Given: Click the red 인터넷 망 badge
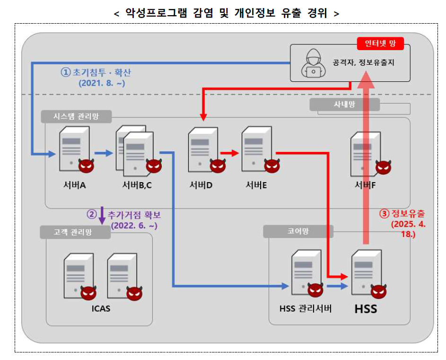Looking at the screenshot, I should click(380, 44).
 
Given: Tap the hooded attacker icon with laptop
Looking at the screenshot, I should click(312, 62).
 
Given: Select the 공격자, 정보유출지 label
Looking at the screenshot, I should click(362, 62).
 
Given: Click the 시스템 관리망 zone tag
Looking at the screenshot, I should click(76, 116).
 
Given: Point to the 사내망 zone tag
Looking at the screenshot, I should click(345, 105).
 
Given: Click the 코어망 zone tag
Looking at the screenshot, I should click(298, 231).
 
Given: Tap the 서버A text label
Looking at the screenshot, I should click(74, 185).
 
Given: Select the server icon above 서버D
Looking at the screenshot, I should click(200, 149).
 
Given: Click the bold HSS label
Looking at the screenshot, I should click(366, 309).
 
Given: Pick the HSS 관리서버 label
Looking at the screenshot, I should click(306, 309).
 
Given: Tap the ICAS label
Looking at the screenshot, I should click(101, 310).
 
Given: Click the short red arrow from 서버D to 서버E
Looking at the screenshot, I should click(229, 153).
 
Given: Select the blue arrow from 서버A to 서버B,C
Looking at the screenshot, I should click(104, 153).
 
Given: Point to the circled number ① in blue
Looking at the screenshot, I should click(65, 72).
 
